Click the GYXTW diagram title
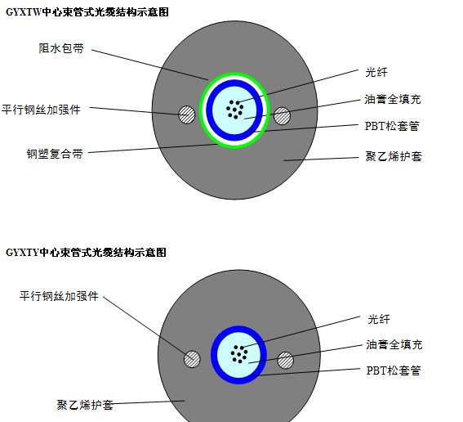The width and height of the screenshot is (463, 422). tap(87, 12)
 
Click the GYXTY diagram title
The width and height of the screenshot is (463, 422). tap(86, 253)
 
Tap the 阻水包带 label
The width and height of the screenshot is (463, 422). tap(61, 48)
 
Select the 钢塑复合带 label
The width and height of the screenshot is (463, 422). tap(55, 154)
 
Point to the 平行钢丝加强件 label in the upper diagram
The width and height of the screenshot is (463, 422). tap(41, 110)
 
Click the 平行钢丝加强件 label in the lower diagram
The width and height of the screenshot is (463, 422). tap(59, 296)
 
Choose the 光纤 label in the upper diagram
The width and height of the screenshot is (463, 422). tap(376, 72)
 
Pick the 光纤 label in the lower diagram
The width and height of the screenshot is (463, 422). tap(379, 319)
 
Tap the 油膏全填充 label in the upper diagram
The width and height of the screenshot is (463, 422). tap(393, 99)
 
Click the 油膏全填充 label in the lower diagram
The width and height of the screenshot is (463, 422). tap(394, 344)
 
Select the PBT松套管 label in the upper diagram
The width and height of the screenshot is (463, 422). tap(393, 126)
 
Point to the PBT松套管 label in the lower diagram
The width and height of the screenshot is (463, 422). tap(394, 370)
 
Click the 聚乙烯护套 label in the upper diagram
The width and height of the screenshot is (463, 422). tap(394, 156)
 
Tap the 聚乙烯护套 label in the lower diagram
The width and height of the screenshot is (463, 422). tap(85, 405)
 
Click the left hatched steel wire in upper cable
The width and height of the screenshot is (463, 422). tap(187, 114)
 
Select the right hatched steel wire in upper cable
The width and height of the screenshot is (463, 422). tap(282, 115)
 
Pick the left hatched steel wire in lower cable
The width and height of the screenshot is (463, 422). tap(192, 359)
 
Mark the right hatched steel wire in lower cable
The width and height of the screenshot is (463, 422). tap(286, 360)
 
